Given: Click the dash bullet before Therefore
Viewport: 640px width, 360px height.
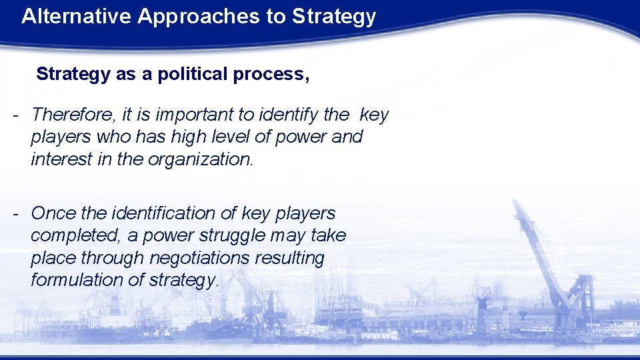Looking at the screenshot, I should coord(15,115).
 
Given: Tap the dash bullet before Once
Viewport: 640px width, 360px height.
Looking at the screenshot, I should coord(15,213).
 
